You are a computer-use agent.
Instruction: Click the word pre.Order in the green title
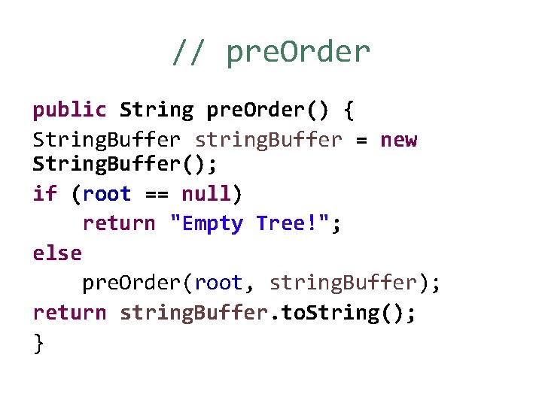(x=298, y=53)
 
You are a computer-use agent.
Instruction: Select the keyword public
(x=69, y=111)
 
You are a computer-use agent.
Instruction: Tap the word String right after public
(x=157, y=111)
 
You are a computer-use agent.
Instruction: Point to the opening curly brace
(x=348, y=111)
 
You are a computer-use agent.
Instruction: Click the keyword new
(x=398, y=140)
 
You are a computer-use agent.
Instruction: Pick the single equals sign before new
(x=361, y=141)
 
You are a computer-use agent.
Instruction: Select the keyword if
(x=44, y=194)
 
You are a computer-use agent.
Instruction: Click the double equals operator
(x=156, y=195)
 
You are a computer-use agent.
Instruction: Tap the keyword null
(x=207, y=194)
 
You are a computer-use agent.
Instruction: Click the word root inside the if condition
(x=107, y=194)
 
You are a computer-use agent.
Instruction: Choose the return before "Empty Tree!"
(x=119, y=223)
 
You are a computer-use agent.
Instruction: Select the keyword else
(x=57, y=253)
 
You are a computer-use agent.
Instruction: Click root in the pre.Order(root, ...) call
(x=218, y=283)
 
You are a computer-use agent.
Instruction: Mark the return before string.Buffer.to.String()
(x=69, y=312)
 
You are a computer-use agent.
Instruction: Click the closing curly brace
(x=38, y=343)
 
